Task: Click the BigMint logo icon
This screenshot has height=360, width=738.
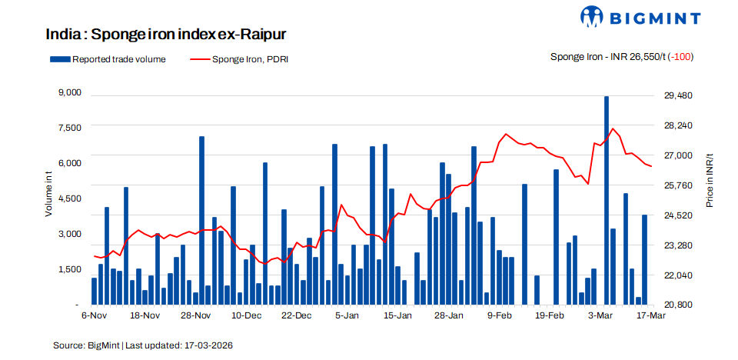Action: click(x=593, y=17)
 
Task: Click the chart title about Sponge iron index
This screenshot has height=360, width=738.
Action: click(x=166, y=35)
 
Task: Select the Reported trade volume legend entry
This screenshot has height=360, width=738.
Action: click(x=108, y=58)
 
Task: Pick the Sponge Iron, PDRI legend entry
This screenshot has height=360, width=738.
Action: click(x=238, y=58)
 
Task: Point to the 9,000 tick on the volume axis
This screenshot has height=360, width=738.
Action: click(x=70, y=93)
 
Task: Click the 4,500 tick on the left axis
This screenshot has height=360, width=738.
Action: click(x=70, y=198)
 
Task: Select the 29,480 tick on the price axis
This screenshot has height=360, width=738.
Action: click(x=678, y=95)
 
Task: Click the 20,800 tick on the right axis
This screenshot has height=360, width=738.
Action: click(x=678, y=305)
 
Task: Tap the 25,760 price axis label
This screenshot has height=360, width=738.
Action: click(x=678, y=185)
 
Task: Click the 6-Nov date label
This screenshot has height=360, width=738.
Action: click(x=94, y=315)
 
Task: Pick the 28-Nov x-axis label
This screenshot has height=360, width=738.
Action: click(x=196, y=315)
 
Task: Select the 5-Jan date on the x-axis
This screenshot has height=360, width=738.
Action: click(x=348, y=315)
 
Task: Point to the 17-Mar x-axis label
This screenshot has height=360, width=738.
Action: click(x=650, y=315)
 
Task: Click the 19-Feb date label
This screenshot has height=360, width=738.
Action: click(x=550, y=315)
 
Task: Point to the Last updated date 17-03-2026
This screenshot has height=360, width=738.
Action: click(x=208, y=345)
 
